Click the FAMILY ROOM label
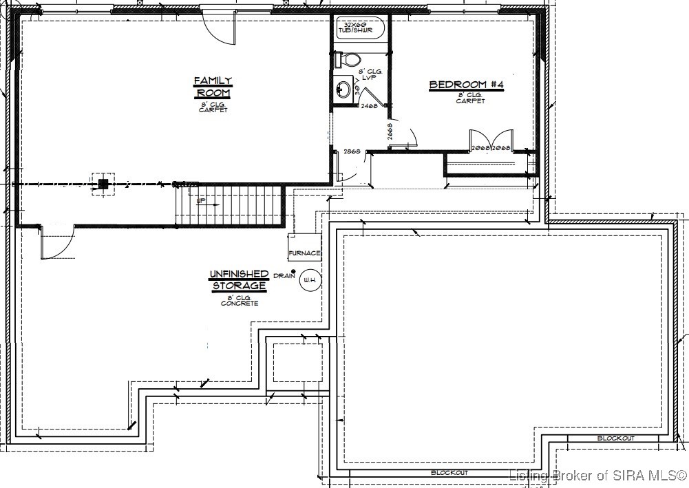point(213,87)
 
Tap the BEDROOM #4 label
point(467,85)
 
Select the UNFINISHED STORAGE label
point(239,279)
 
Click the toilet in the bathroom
point(348,60)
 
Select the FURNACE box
point(304,253)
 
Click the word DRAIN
point(283,276)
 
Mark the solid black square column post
point(103,183)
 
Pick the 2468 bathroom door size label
point(369,107)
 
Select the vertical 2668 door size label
point(390,132)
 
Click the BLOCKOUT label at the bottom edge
point(449,473)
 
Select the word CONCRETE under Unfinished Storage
point(239,303)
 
